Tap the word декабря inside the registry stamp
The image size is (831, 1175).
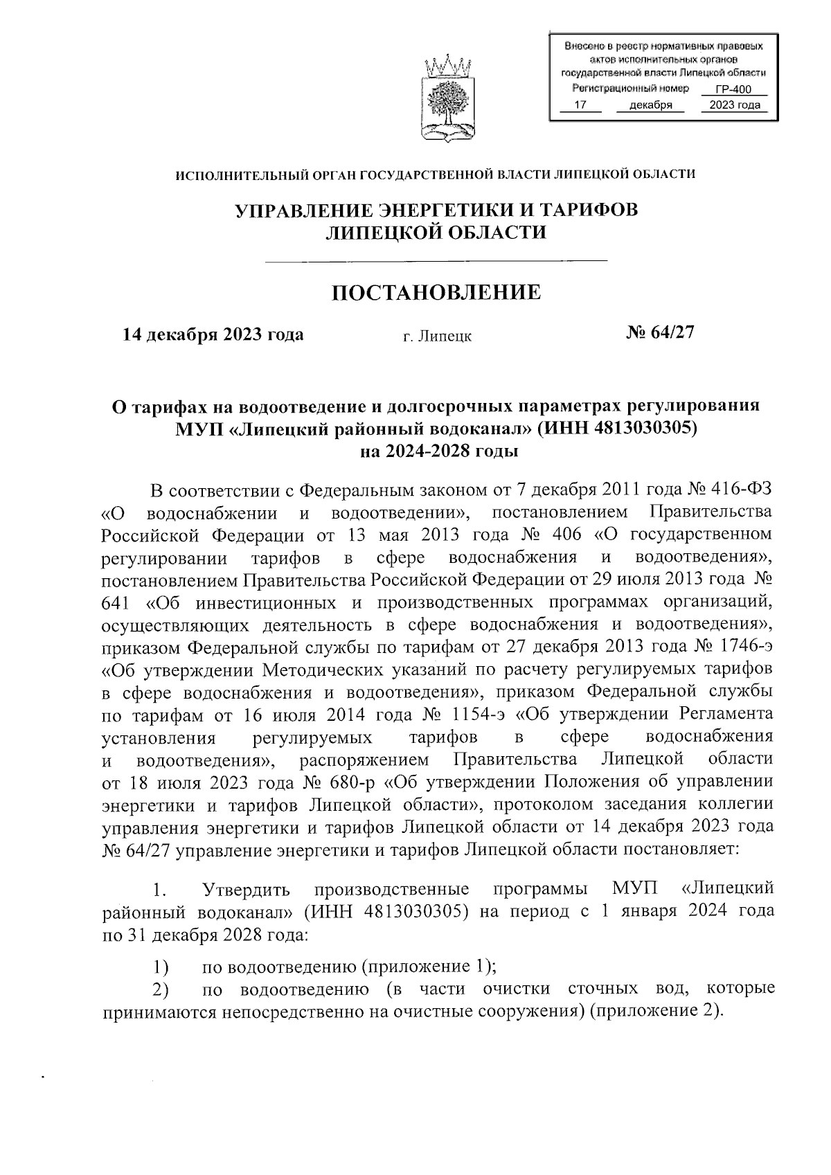(x=651, y=105)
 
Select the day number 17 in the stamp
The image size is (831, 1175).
(x=580, y=105)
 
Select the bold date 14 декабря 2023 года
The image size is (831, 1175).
(x=213, y=335)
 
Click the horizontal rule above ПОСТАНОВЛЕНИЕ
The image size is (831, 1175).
(x=436, y=261)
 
